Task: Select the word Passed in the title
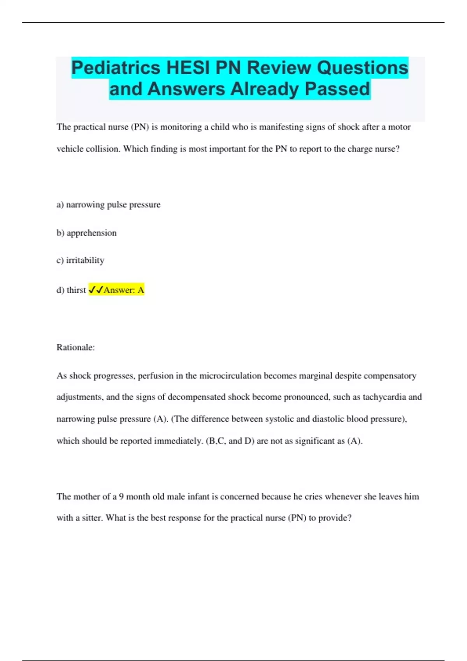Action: tap(337, 89)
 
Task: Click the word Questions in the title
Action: tap(362, 68)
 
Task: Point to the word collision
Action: tap(103, 149)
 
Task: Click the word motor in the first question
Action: tap(399, 127)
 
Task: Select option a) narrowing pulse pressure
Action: tap(108, 205)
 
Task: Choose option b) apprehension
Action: tap(86, 233)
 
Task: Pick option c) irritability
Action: tap(80, 261)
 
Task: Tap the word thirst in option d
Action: tap(76, 290)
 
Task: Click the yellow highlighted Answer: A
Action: tap(124, 290)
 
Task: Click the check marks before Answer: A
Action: tap(96, 290)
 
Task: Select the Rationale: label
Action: tap(75, 348)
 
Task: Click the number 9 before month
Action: tap(121, 497)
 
